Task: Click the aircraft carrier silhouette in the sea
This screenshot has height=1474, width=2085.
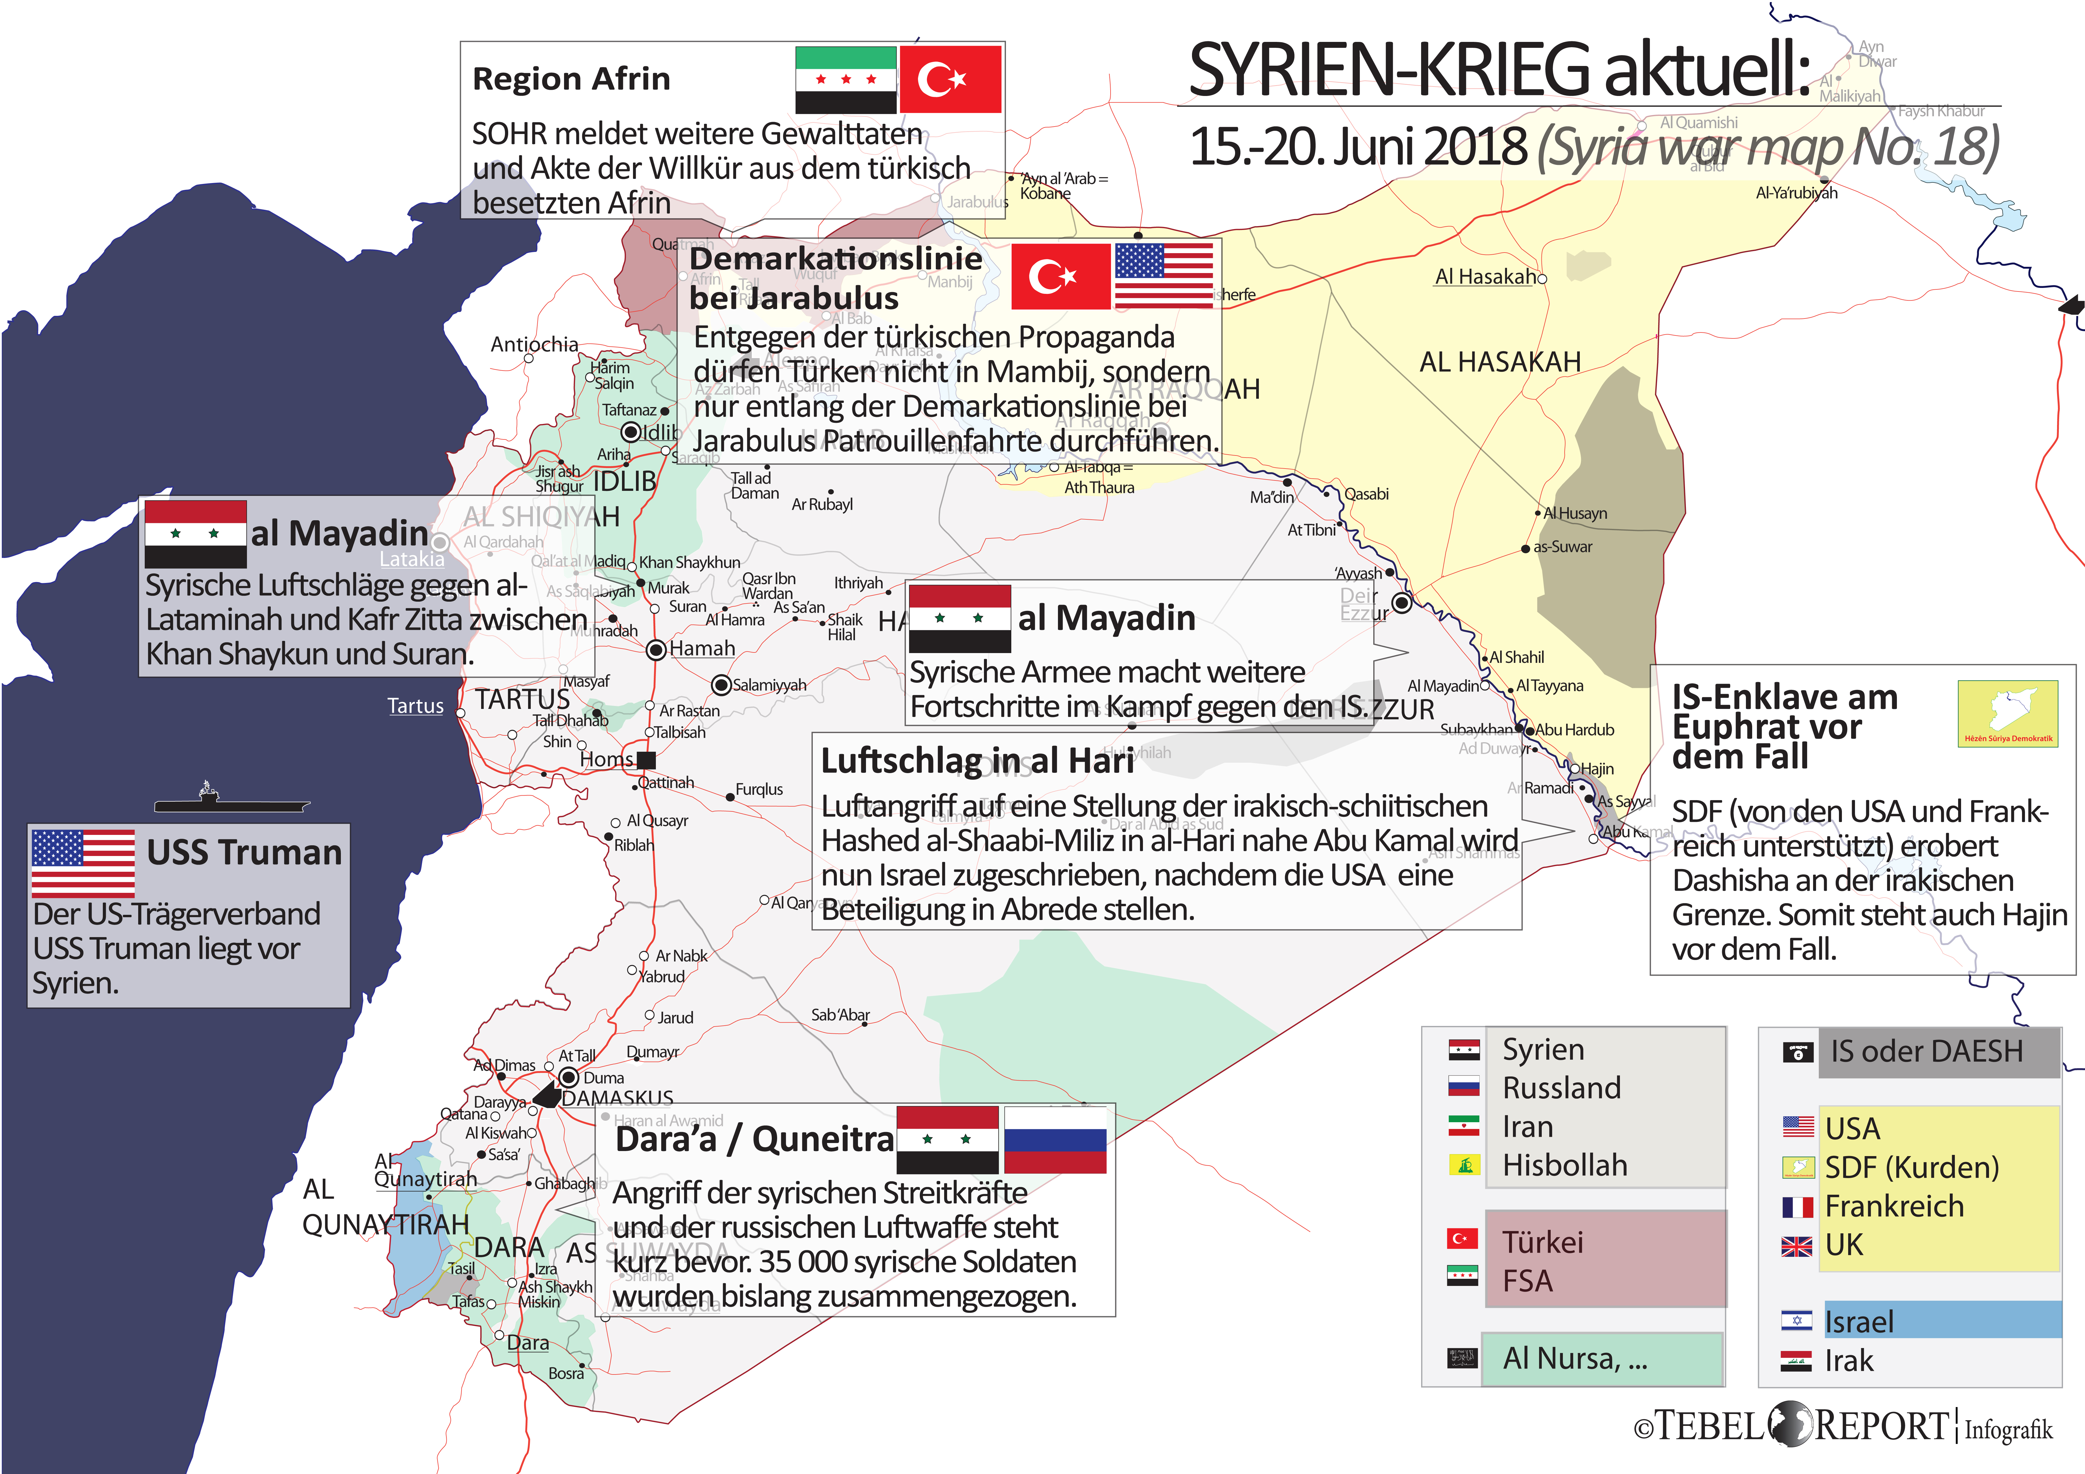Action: pos(231,801)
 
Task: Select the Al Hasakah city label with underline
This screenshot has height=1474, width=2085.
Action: pos(1485,277)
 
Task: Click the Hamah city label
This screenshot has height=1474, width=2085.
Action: pos(702,648)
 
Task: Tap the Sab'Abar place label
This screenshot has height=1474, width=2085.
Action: pos(840,1014)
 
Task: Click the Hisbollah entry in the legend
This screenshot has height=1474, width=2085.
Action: pos(1565,1165)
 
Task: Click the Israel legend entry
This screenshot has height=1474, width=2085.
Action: pos(1859,1321)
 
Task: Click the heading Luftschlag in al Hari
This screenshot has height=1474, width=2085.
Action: pos(977,761)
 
